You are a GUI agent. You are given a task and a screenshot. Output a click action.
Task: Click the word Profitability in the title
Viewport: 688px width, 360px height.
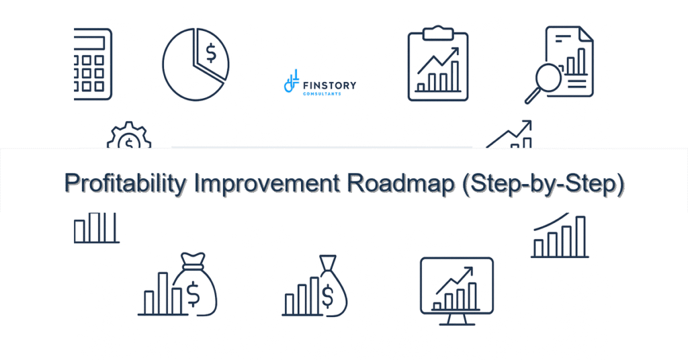126,183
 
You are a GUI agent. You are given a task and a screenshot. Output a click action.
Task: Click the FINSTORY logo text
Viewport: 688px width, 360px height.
330,85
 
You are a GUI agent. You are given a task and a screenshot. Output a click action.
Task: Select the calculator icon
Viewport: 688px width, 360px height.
93,64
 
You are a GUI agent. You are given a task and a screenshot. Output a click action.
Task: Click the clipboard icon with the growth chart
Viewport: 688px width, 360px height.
437,64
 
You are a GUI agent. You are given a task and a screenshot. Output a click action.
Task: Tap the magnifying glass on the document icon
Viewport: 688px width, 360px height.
542,81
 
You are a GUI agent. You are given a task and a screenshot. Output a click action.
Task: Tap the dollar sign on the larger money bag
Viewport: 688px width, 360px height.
193,292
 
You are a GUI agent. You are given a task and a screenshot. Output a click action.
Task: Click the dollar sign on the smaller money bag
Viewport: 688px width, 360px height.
328,294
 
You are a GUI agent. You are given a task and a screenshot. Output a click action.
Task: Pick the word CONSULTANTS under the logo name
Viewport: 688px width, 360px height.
322,94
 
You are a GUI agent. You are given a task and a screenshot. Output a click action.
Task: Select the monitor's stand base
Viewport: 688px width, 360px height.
456,323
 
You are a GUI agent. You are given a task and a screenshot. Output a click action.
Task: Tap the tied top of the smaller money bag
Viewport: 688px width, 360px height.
328,263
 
